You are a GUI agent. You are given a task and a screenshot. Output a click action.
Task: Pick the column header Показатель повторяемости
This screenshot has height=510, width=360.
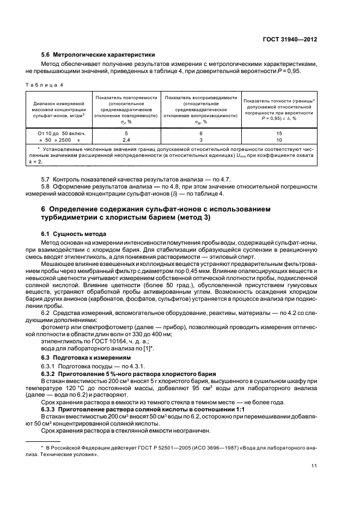point(127,108)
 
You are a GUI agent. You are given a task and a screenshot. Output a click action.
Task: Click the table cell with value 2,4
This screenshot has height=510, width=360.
point(126,139)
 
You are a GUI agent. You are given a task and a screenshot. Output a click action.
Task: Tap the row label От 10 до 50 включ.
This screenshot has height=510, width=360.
point(58,133)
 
